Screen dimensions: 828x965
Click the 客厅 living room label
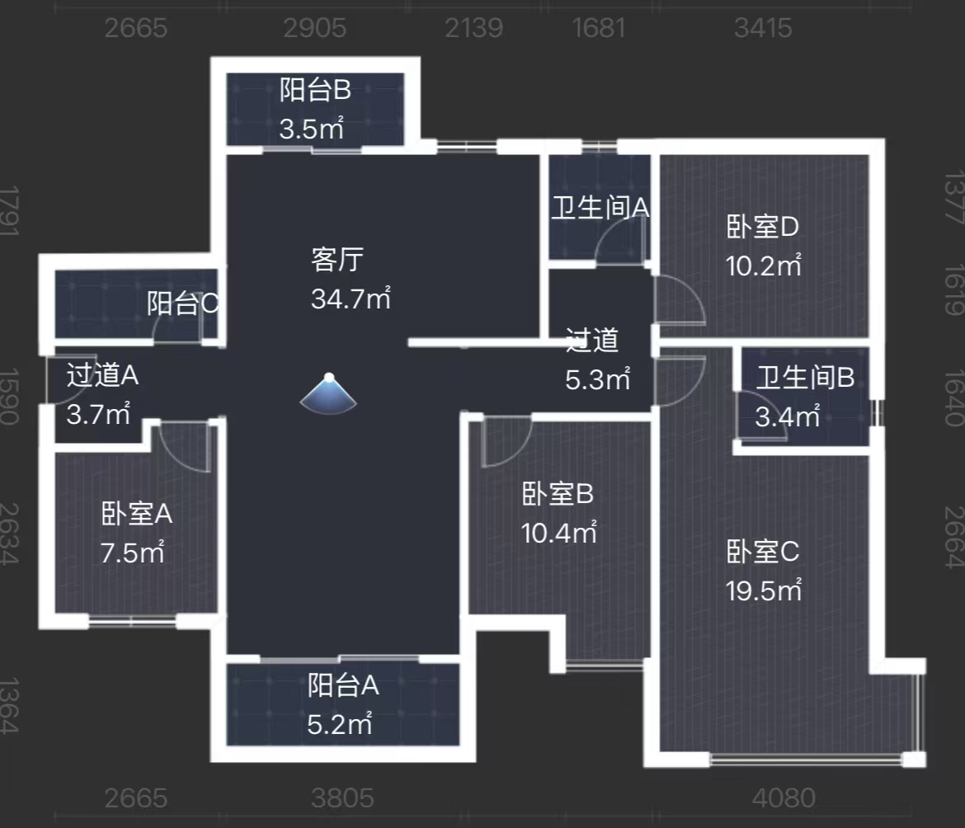337,261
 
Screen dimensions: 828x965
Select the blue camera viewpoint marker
328,393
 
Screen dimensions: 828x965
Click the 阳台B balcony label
315,90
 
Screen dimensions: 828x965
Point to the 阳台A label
343,685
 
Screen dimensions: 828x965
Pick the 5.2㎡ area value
340,725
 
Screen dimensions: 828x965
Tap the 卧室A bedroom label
137,515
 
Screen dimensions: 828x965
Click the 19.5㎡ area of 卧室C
764,590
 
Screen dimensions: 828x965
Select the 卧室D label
764,226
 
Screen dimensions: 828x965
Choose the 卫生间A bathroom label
600,208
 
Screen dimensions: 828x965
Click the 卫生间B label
805,379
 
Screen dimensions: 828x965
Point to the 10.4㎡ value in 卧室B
559,533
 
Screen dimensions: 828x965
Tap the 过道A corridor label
102,376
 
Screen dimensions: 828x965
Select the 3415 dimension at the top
763,28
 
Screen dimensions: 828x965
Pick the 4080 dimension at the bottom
784,798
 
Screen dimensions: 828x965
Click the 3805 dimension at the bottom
343,798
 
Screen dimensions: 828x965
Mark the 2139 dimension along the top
473,28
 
